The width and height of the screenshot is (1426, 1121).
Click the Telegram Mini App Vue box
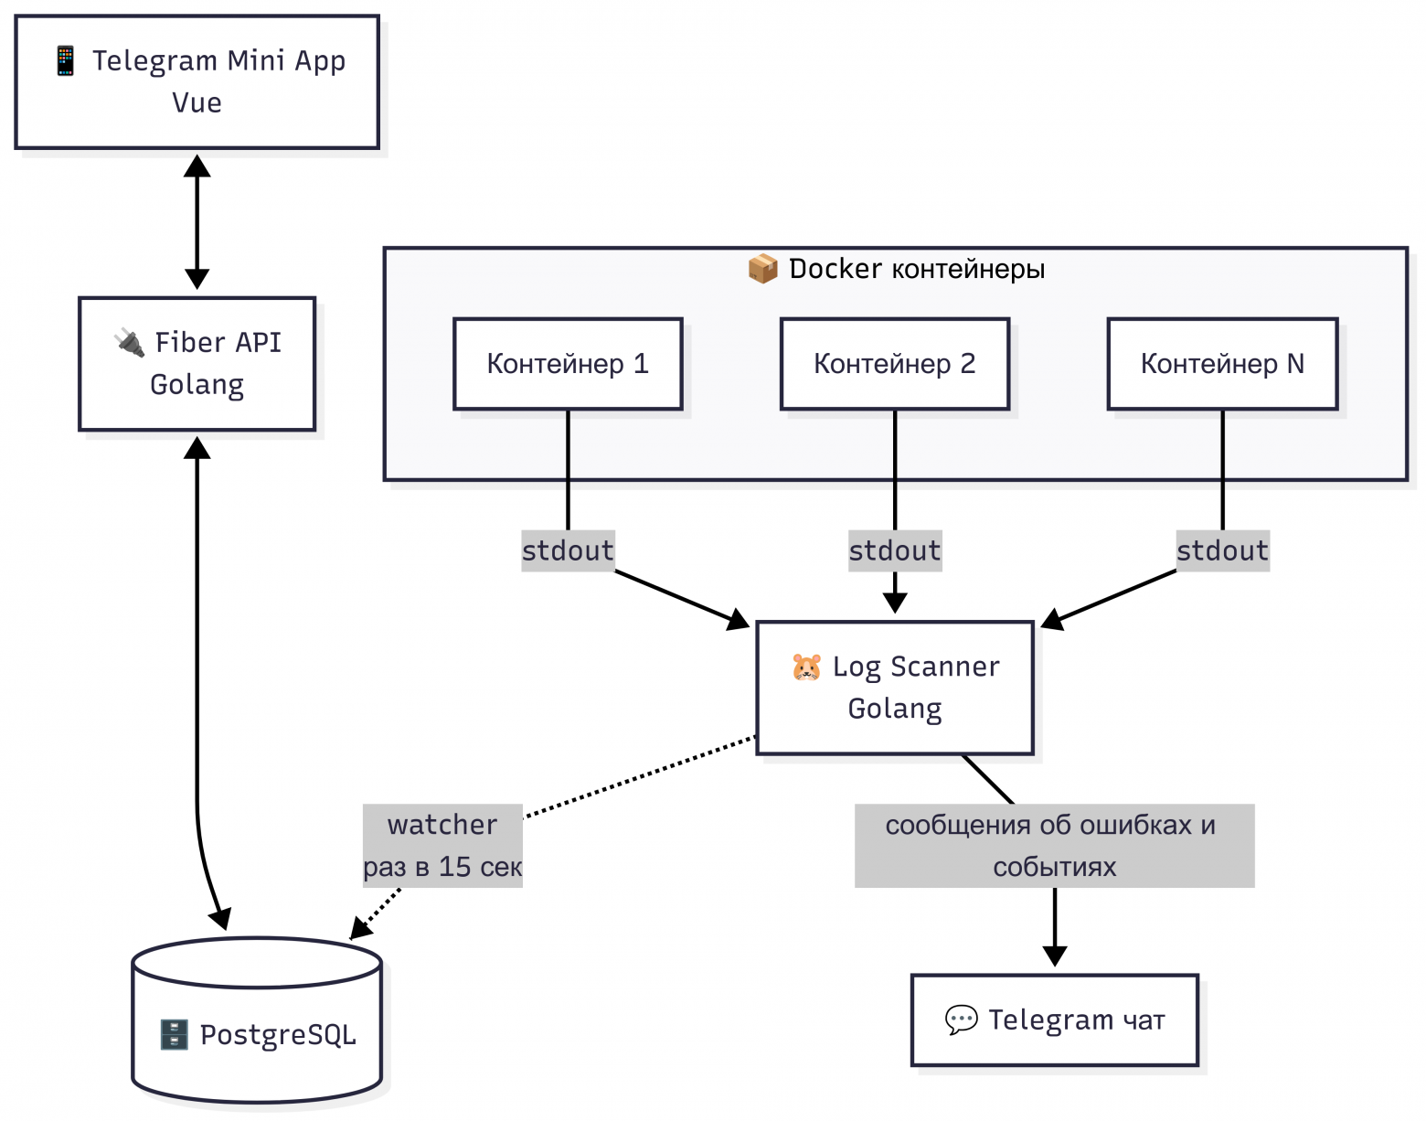coord(197,82)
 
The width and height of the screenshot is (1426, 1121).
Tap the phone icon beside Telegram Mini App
coord(66,61)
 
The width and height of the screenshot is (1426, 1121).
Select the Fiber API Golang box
coord(197,364)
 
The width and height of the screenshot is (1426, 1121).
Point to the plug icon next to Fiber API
coord(129,343)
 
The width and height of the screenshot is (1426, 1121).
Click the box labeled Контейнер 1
coord(568,364)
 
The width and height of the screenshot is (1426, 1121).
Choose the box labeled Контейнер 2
coord(894,364)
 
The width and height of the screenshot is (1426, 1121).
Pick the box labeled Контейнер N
coord(1222,364)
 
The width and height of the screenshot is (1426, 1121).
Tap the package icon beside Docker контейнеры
coord(762,269)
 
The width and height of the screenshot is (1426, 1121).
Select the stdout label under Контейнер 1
coord(568,550)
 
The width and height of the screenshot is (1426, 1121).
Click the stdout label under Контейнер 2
coord(894,550)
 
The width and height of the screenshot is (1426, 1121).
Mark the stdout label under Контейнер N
coord(1222,550)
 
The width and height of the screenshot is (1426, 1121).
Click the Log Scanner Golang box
coord(894,688)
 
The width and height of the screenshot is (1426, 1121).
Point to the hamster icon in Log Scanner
coord(806,667)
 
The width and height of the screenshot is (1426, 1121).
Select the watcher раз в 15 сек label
coord(442,846)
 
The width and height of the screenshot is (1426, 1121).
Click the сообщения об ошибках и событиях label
coord(1054,846)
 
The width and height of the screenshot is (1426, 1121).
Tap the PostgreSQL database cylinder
coord(257,1020)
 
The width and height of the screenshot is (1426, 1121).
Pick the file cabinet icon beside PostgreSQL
coord(174,1034)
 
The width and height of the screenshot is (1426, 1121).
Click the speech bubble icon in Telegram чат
coord(962,1020)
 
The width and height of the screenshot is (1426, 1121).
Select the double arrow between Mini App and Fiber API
coord(197,222)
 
